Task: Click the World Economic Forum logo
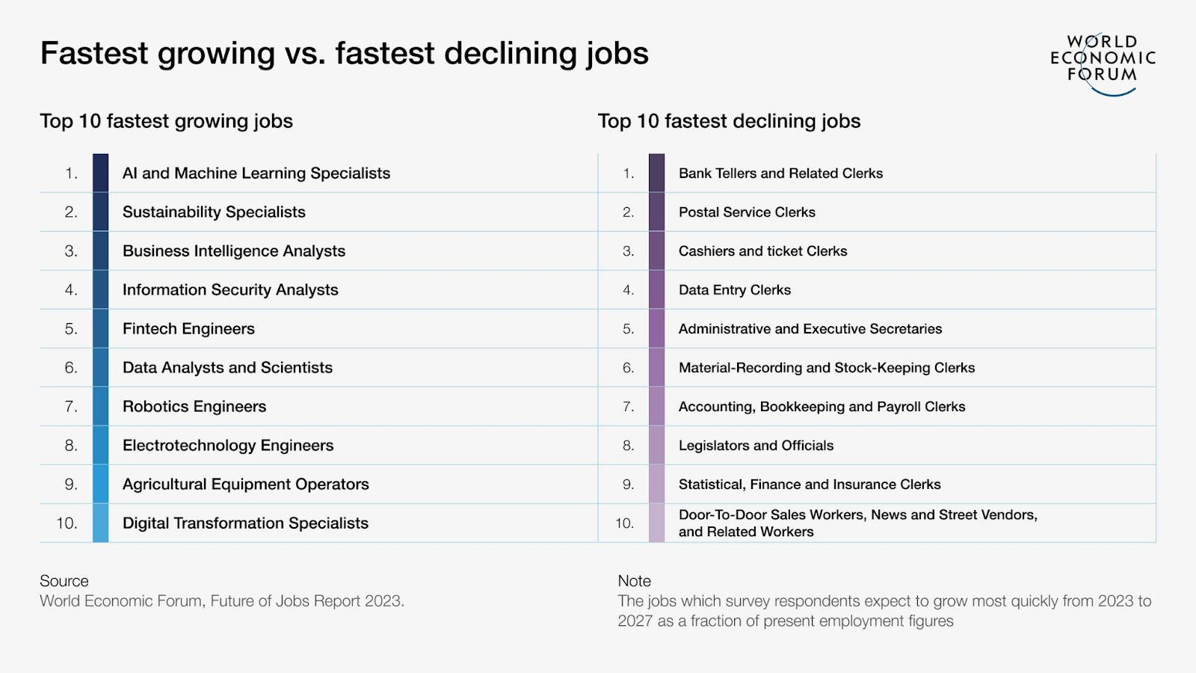pyautogui.click(x=1103, y=63)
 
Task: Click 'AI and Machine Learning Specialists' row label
pyautogui.click(x=256, y=173)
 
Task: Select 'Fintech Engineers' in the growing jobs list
pyautogui.click(x=188, y=329)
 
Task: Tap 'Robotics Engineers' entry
pyautogui.click(x=194, y=407)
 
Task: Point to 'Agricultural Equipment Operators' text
pyautogui.click(x=245, y=485)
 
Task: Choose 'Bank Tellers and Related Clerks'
pyautogui.click(x=780, y=173)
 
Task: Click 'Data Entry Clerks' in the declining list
pyautogui.click(x=734, y=290)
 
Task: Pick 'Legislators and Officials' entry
pyautogui.click(x=756, y=446)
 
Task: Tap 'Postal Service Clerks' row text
pyautogui.click(x=747, y=212)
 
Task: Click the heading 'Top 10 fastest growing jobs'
pyautogui.click(x=166, y=121)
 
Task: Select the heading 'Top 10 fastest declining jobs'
pyautogui.click(x=729, y=121)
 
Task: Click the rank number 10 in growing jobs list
pyautogui.click(x=67, y=523)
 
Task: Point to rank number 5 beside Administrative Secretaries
pyautogui.click(x=628, y=329)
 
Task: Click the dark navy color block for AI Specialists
pyautogui.click(x=100, y=173)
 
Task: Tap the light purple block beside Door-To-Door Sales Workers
pyautogui.click(x=656, y=523)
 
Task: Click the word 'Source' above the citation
pyautogui.click(x=64, y=581)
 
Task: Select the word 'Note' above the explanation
pyautogui.click(x=634, y=581)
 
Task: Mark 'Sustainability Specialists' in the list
pyautogui.click(x=214, y=212)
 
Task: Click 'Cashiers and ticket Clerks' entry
pyautogui.click(x=762, y=251)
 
